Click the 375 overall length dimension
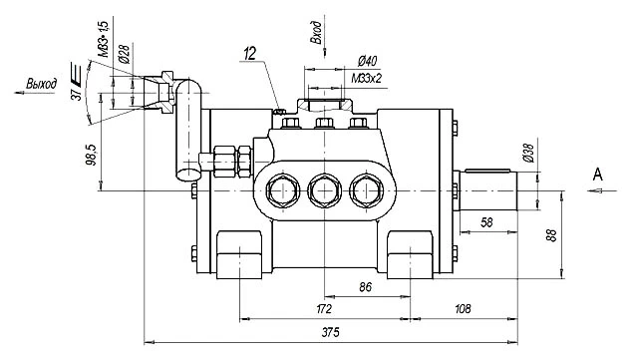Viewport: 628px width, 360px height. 330,332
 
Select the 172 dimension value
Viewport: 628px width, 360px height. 324,309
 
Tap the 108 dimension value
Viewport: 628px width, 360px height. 463,309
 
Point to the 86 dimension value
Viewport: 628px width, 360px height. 365,287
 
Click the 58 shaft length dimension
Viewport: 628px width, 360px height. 486,222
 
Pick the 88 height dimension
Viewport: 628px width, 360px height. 552,235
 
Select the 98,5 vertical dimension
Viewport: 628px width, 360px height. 91,155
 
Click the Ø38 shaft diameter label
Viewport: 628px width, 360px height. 528,153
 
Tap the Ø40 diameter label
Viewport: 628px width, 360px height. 367,61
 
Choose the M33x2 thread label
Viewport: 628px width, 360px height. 367,78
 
